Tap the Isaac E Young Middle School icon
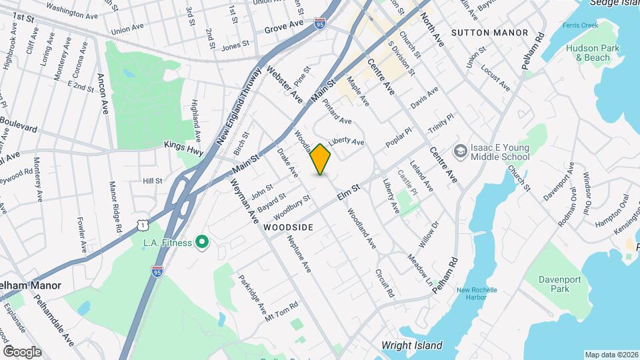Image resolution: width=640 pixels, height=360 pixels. (460, 152)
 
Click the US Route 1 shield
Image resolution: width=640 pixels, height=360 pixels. (144, 226)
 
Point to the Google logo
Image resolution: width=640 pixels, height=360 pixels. (22, 351)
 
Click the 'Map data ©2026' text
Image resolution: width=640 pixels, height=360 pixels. (611, 355)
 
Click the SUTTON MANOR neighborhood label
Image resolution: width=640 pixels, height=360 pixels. (489, 33)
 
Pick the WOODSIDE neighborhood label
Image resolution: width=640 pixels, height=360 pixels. (288, 227)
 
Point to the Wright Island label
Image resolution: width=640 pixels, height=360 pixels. (411, 345)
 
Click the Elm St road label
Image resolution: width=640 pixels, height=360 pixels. (348, 192)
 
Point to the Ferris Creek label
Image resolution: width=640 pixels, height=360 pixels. (580, 25)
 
